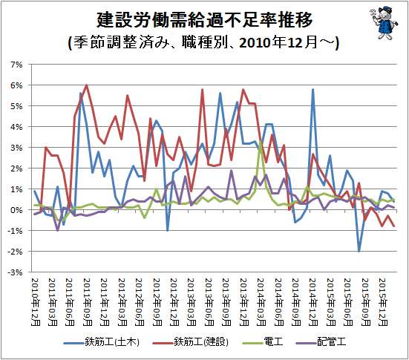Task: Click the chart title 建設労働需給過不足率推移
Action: [205, 19]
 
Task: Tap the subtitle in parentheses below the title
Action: [203, 42]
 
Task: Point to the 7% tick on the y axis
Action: [16, 65]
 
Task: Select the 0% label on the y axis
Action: [16, 210]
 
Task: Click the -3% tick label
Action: [15, 272]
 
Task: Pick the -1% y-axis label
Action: [15, 231]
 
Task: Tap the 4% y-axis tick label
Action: [16, 127]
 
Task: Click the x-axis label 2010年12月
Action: [36, 302]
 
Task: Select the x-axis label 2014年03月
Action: [261, 302]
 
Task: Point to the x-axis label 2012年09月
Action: [157, 302]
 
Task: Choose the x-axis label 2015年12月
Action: [383, 302]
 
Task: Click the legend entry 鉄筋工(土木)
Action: [102, 341]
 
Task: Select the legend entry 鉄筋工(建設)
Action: [191, 341]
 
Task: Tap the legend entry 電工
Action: [263, 341]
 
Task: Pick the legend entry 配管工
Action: [321, 341]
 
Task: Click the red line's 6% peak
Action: [87, 85]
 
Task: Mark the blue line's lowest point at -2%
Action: [359, 251]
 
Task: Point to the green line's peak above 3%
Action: [261, 141]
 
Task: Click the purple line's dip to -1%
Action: [58, 230]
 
